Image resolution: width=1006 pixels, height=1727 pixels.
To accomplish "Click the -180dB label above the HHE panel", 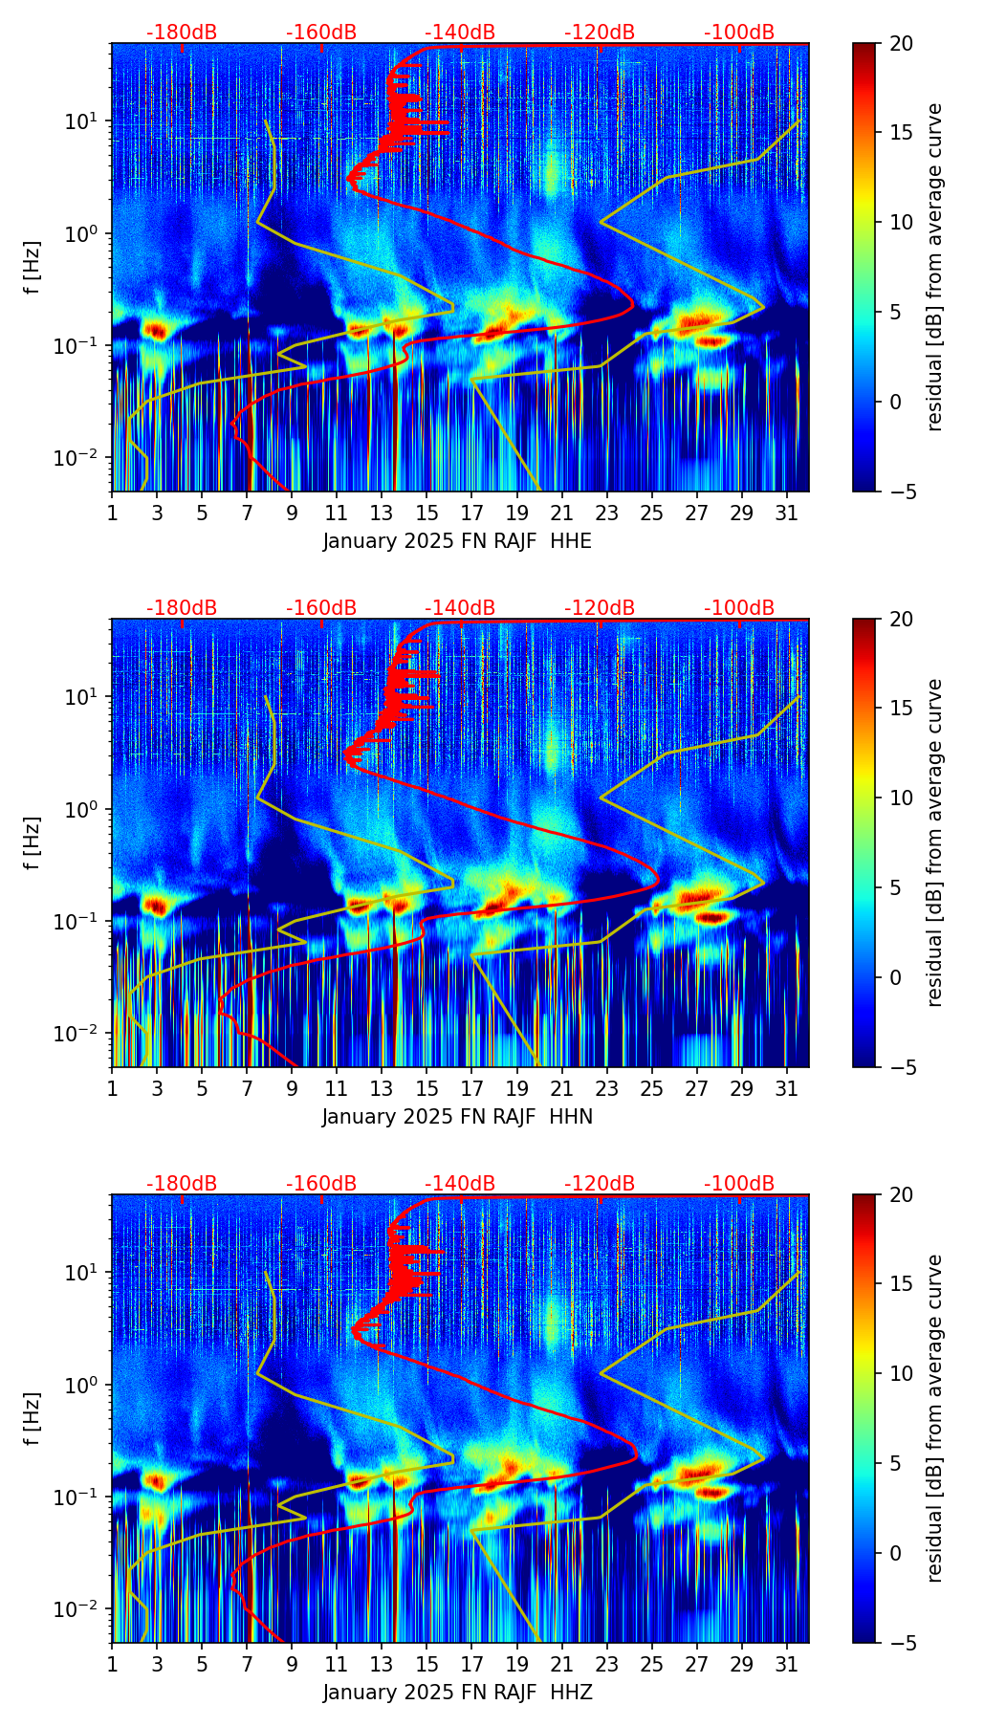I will point(182,33).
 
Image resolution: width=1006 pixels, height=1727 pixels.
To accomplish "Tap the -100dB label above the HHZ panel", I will point(739,1184).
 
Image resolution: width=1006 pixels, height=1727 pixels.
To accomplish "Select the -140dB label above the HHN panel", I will point(460,608).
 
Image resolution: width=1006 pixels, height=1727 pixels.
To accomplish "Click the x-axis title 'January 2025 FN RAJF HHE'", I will point(457,541).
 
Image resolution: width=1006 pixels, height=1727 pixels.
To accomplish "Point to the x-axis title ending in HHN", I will point(457,1117).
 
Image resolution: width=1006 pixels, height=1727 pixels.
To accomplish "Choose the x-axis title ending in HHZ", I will point(457,1693).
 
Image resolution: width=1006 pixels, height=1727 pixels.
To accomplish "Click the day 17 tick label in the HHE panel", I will point(471,514).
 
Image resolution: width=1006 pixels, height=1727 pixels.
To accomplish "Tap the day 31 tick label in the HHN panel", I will point(786,1089).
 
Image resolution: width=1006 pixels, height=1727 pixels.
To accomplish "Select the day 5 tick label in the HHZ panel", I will point(202,1665).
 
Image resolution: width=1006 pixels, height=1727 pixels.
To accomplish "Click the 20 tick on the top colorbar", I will point(901,43).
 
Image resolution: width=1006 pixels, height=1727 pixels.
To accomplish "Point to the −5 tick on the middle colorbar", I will point(901,1067).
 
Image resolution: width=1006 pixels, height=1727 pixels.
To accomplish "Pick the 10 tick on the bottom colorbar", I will point(901,1373).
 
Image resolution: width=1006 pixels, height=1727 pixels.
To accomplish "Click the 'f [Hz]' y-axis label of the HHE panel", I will point(33,268).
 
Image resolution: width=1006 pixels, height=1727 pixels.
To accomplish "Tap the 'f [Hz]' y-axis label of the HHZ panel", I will point(33,1419).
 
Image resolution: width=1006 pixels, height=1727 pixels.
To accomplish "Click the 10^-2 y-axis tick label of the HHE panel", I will point(80,458).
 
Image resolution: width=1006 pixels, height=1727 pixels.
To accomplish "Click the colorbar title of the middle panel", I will point(935,842).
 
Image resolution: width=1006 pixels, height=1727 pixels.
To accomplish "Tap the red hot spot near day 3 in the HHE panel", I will point(156,331).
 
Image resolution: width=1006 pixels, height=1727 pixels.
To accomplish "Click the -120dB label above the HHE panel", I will point(600,33).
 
